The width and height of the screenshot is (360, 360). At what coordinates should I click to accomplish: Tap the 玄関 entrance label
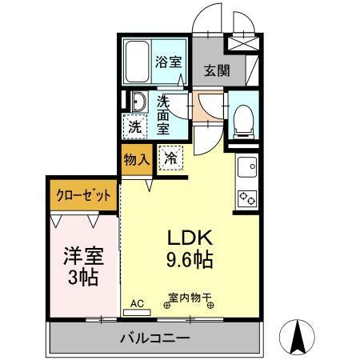pos(216,70)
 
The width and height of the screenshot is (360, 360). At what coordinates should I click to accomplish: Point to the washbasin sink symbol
pos(138,103)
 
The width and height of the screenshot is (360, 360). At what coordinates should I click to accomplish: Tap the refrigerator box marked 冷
pos(170,158)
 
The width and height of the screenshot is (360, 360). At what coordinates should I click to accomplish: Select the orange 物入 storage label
pos(136,158)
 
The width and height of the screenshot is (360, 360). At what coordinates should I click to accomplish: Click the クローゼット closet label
pos(83,194)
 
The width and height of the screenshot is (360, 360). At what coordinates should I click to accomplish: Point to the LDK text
pos(190,238)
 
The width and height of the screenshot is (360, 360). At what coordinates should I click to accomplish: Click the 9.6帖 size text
pos(190,260)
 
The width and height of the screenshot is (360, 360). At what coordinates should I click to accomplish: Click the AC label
pos(137,304)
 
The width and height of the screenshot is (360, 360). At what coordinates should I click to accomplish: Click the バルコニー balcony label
pos(155,338)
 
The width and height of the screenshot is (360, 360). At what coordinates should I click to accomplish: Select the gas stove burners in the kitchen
pos(244,196)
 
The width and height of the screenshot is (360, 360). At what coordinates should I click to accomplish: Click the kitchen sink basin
pos(246,167)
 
